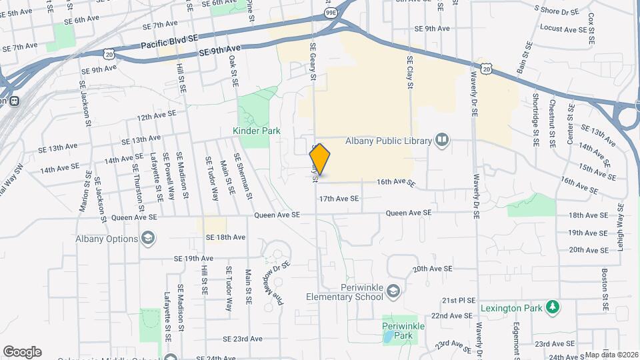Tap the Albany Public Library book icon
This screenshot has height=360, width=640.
click(441, 140)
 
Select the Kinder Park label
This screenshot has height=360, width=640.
click(257, 131)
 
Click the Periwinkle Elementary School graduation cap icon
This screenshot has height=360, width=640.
click(394, 291)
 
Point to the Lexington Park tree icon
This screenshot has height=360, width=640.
click(552, 307)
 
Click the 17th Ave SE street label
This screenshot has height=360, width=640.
click(339, 199)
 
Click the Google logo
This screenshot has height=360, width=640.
click(22, 352)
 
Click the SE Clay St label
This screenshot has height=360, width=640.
click(411, 72)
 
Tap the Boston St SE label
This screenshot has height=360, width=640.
click(605, 291)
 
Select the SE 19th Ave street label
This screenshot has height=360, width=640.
click(193, 258)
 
